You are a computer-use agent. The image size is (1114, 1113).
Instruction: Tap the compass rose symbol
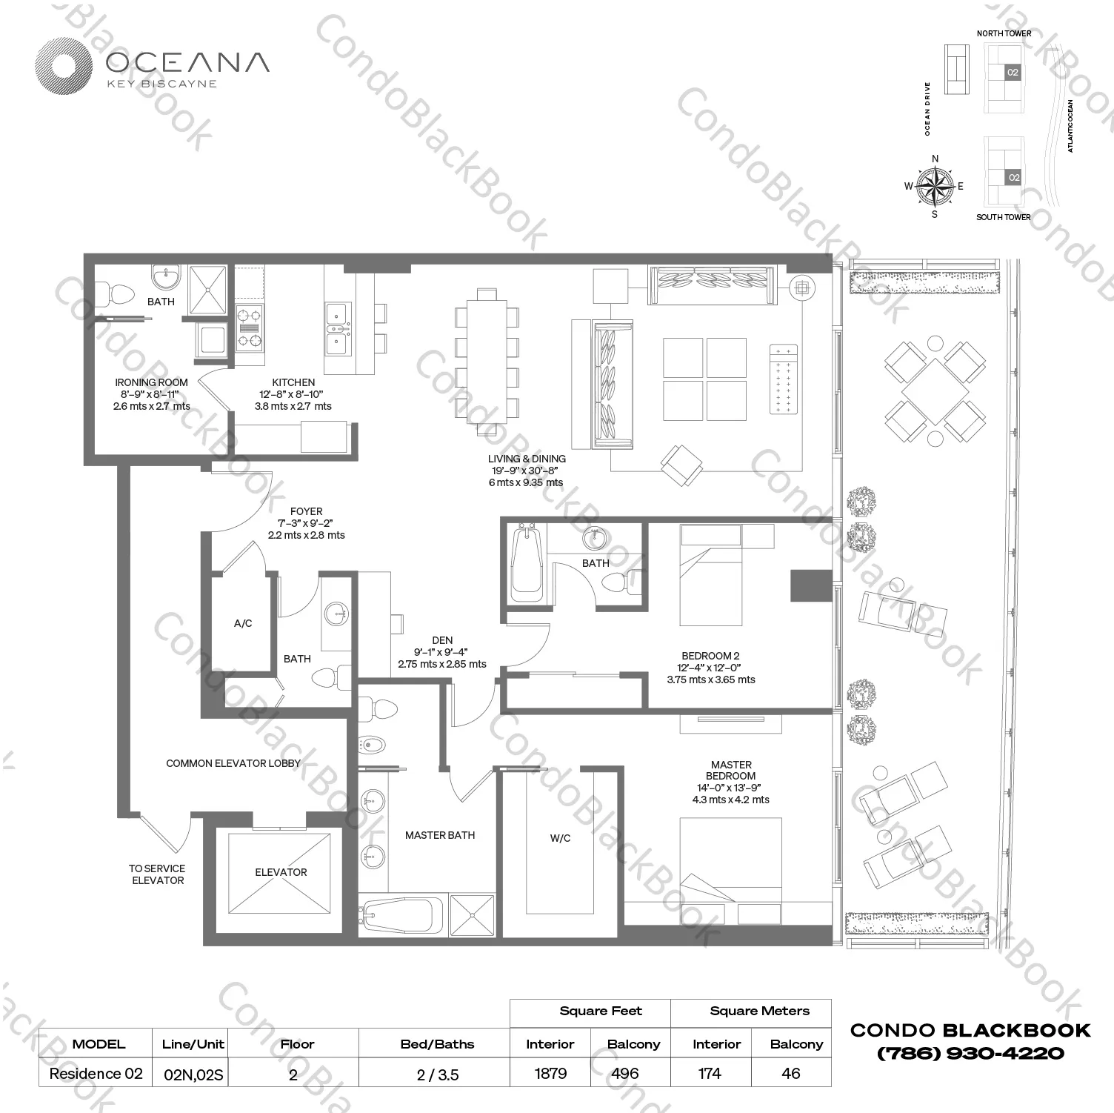[935, 185]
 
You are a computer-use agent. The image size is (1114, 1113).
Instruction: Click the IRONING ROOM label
[151, 383]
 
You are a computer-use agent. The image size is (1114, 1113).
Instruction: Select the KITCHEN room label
[293, 383]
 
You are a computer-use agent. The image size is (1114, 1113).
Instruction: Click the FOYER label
[306, 511]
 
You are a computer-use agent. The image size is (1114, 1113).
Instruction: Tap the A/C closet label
[243, 623]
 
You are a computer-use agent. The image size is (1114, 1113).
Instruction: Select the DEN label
[442, 640]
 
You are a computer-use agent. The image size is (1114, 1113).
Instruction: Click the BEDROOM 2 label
[710, 656]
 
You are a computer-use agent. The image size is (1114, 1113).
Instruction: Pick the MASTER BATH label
[440, 835]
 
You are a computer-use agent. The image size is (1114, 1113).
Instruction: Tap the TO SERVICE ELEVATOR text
[157, 874]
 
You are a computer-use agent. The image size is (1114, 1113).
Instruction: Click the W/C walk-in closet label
[560, 838]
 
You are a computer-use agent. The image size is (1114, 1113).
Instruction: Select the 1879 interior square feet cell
[550, 1073]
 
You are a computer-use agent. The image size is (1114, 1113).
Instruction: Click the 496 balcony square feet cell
[625, 1073]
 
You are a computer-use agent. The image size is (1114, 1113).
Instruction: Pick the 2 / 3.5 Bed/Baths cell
[438, 1074]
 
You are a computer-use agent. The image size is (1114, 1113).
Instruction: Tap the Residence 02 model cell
[96, 1073]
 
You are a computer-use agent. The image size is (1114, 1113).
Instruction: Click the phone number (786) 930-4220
[970, 1053]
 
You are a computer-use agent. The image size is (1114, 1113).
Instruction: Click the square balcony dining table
[935, 391]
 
